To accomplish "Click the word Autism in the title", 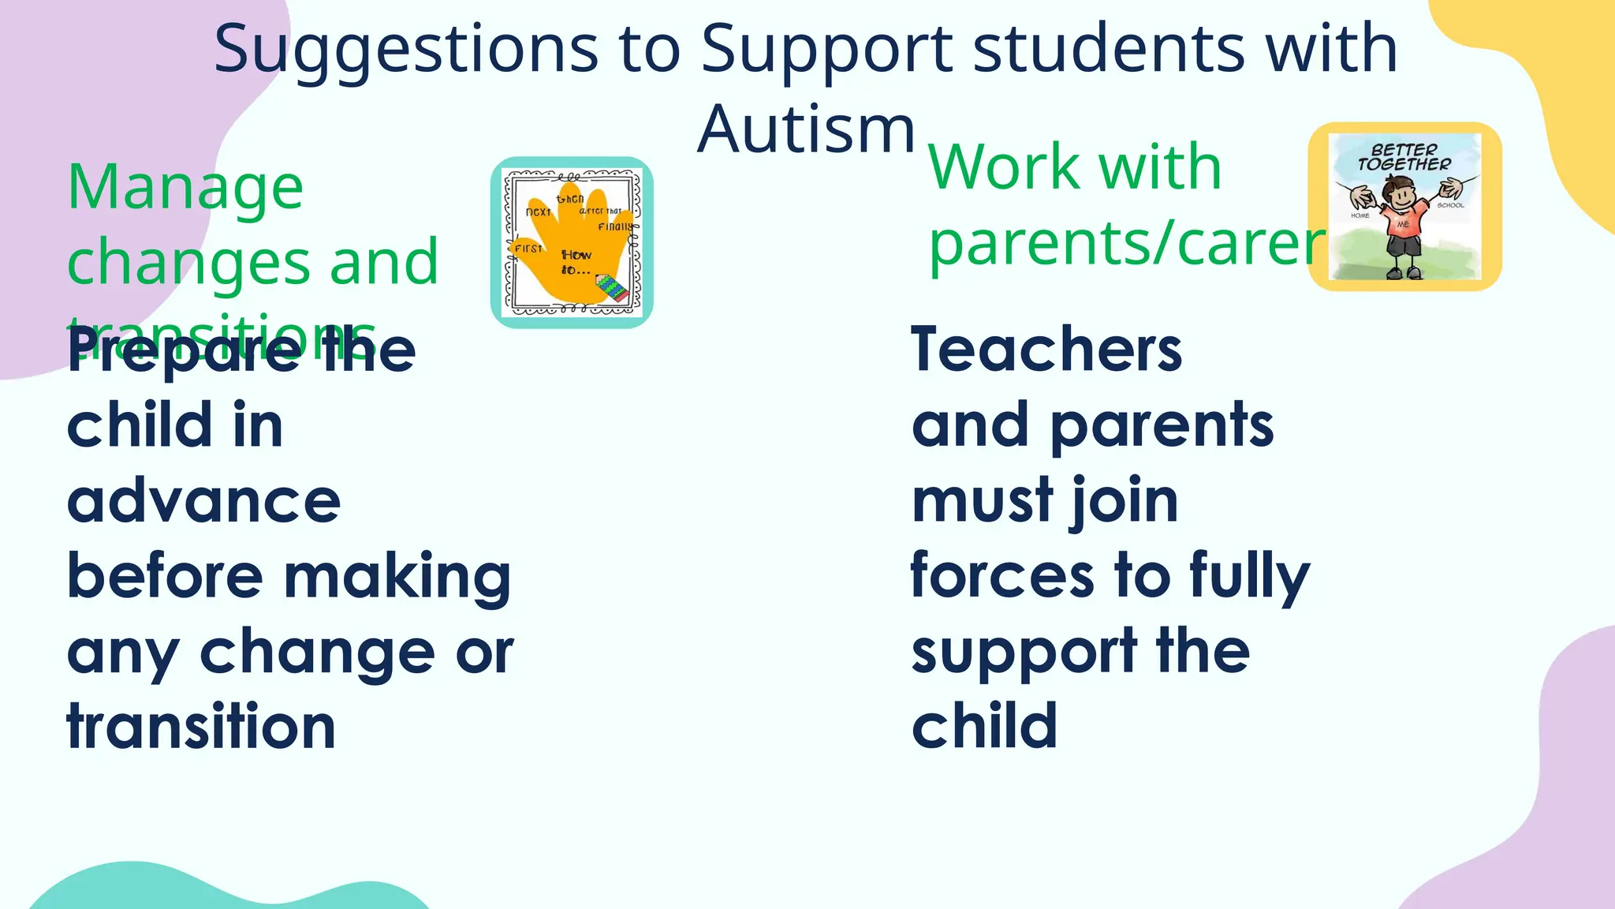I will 806,129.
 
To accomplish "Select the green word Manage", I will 185,187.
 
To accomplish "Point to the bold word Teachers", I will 1046,350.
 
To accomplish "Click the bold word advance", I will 203,501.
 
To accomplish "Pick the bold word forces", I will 1001,575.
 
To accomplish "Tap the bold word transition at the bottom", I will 201,726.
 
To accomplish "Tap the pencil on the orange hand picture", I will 612,287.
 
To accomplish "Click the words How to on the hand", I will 576,262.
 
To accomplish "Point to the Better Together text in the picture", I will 1404,157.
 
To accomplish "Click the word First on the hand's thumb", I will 528,248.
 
